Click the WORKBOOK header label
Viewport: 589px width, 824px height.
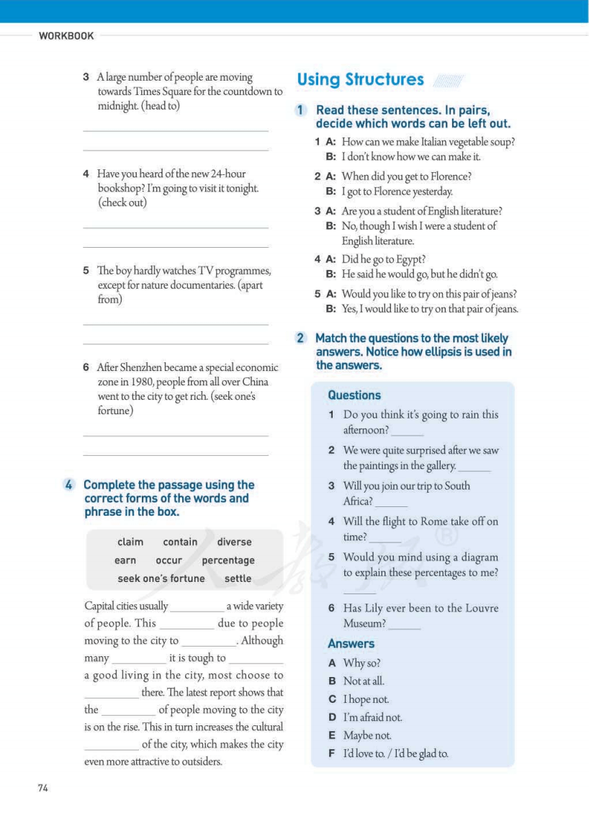coord(66,36)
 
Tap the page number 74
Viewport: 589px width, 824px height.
coord(42,788)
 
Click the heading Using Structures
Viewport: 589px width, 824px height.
coord(360,80)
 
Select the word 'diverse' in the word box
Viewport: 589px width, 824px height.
coord(234,542)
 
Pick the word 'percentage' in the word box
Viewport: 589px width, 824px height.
coord(228,560)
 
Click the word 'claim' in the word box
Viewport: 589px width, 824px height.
coord(130,542)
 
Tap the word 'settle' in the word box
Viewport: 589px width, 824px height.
coord(238,578)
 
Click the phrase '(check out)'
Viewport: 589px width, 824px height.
coord(122,202)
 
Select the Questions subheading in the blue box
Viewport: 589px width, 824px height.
coord(354,395)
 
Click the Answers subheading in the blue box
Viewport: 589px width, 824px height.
coord(351,643)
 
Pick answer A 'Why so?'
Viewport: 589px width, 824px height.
coord(361,663)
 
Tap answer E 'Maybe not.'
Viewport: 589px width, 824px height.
coord(367,735)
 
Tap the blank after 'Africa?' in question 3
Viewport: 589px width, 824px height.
coord(392,503)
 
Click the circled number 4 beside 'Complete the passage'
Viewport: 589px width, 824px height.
coord(69,485)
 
